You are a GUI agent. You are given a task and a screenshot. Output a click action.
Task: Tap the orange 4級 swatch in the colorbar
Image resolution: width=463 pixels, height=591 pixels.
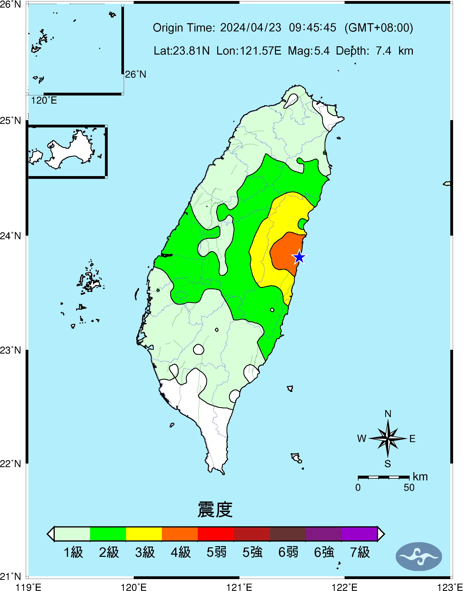click(180, 534)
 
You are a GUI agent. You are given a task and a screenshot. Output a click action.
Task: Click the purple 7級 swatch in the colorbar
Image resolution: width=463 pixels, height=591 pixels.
click(359, 534)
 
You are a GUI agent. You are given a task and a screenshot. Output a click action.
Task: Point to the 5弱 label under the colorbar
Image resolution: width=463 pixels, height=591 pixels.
click(216, 552)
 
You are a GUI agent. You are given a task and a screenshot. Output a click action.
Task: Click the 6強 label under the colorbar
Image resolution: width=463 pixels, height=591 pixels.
click(324, 552)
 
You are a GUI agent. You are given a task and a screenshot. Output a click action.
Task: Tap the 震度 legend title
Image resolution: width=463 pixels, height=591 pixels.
click(215, 509)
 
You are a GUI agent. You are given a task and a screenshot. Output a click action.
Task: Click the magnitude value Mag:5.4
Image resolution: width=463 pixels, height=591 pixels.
click(309, 51)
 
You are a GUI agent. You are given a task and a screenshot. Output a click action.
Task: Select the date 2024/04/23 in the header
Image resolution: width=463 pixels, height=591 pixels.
click(251, 28)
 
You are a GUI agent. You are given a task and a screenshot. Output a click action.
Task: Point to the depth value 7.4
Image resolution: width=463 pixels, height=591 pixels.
click(383, 51)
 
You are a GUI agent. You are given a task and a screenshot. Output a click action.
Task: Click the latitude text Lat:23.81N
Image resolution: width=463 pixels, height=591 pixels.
click(182, 51)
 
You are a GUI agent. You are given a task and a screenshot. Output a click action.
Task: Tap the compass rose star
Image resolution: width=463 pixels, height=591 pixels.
click(388, 438)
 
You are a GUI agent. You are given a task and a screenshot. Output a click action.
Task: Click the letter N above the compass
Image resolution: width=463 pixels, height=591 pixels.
click(388, 414)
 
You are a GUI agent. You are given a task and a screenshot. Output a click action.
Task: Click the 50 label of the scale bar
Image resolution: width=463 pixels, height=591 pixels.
click(409, 488)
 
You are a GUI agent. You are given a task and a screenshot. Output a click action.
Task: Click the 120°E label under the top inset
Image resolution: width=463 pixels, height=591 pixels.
click(44, 101)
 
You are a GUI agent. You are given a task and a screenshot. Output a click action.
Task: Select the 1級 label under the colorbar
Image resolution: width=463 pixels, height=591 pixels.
click(73, 552)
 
